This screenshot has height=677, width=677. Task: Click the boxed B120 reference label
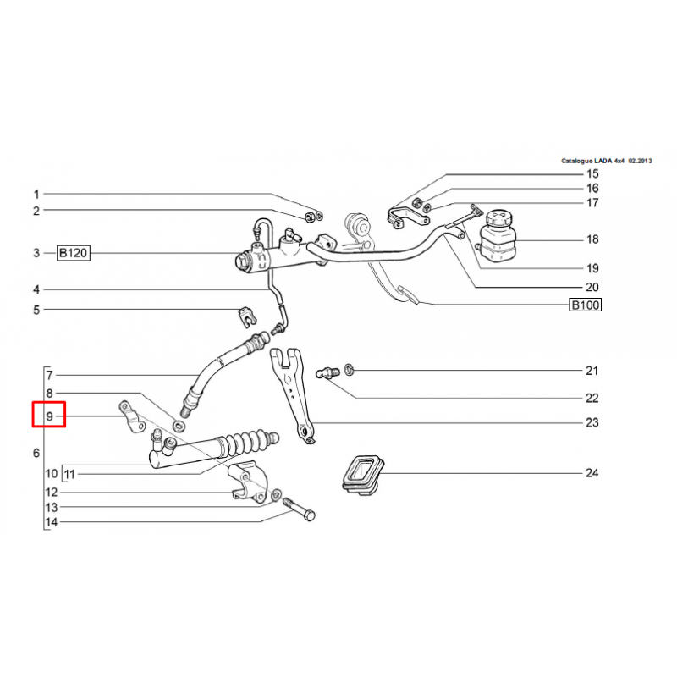[x=74, y=253]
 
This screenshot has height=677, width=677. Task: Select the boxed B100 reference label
[x=585, y=305]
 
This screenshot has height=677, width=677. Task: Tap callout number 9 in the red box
[x=50, y=416]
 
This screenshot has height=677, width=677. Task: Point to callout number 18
[x=592, y=239]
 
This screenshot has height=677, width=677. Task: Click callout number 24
[x=592, y=473]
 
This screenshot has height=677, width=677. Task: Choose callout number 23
[x=592, y=422]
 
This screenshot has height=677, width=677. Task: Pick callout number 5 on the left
[x=36, y=310]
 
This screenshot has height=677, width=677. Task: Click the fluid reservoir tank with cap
[x=498, y=236]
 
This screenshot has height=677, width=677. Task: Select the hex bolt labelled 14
[x=300, y=509]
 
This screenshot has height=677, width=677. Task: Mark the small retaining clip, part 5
[x=248, y=316]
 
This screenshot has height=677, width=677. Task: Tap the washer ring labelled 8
[x=179, y=427]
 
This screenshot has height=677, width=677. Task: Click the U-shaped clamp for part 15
[x=408, y=217]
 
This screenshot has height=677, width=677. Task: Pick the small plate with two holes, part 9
[x=132, y=416]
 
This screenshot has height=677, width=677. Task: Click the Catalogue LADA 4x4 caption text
[x=606, y=161]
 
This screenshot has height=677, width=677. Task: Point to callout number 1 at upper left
[x=36, y=195]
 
